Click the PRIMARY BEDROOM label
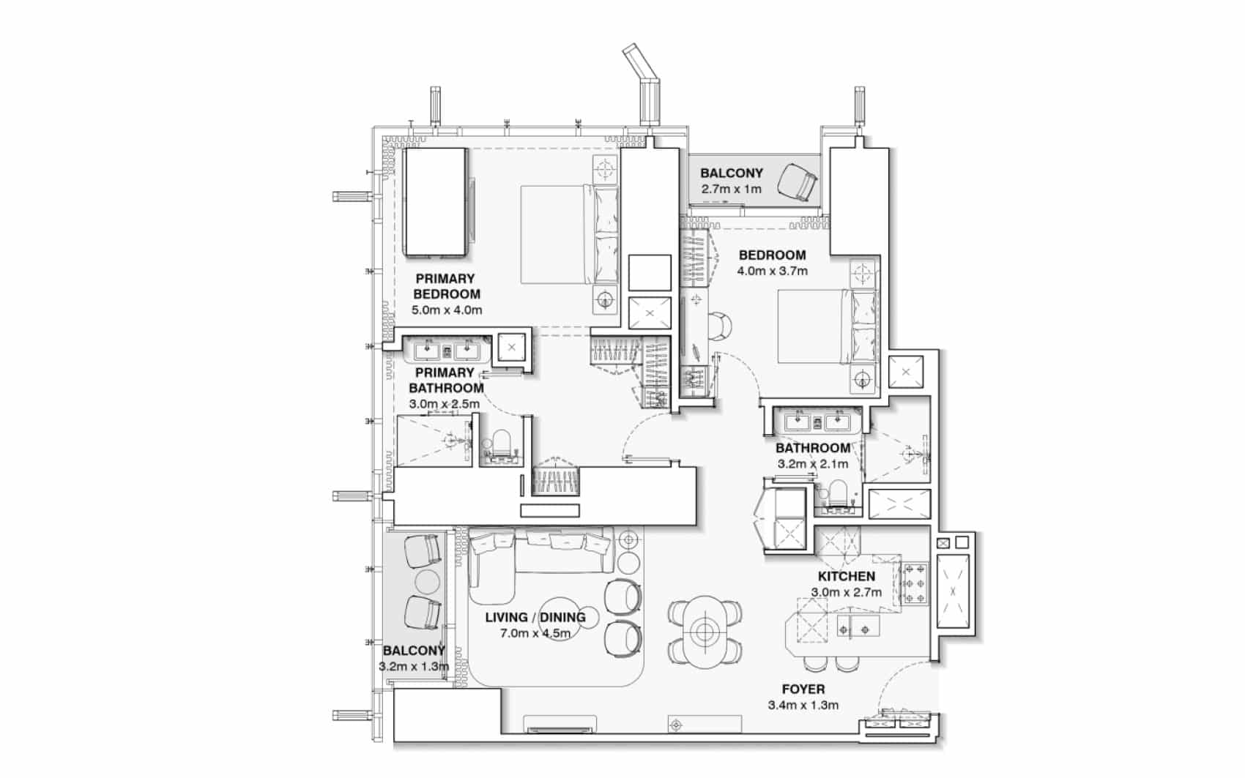pyautogui.click(x=446, y=286)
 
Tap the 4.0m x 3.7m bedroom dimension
pyautogui.click(x=772, y=271)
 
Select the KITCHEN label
pyautogui.click(x=846, y=577)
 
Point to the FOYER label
pyautogui.click(x=803, y=689)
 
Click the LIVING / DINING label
pyautogui.click(x=535, y=617)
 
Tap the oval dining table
pyautogui.click(x=705, y=632)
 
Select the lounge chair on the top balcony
pyautogui.click(x=798, y=182)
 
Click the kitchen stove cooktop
pyautogui.click(x=915, y=583)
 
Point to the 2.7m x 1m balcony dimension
pyautogui.click(x=731, y=189)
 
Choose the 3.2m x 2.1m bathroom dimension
pyautogui.click(x=813, y=464)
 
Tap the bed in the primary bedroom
pyautogui.click(x=570, y=234)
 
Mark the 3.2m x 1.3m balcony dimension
pyautogui.click(x=414, y=666)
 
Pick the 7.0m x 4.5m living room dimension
pyautogui.click(x=535, y=633)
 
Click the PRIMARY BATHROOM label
pyautogui.click(x=446, y=381)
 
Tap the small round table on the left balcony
pyautogui.click(x=428, y=582)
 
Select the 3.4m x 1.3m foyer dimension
pyautogui.click(x=803, y=706)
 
